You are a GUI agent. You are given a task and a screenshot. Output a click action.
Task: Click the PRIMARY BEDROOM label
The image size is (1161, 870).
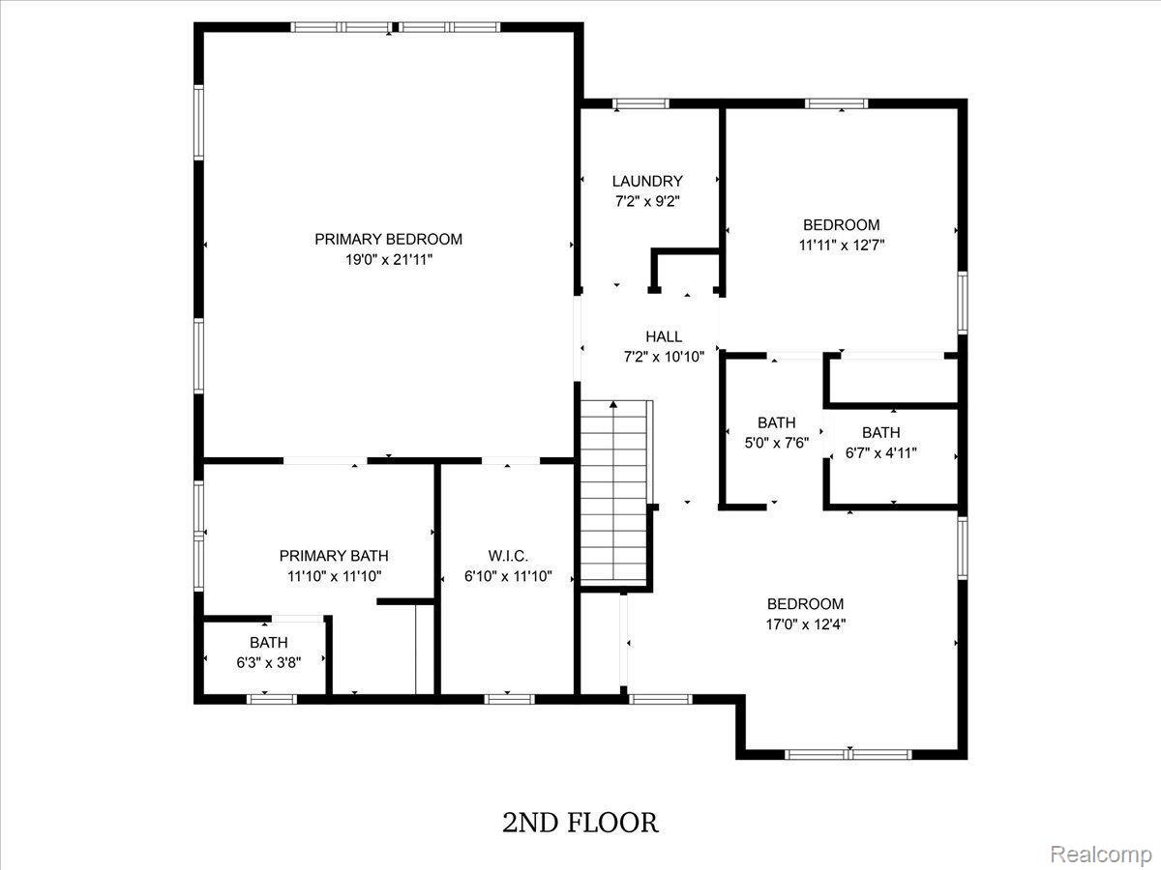pos(388,240)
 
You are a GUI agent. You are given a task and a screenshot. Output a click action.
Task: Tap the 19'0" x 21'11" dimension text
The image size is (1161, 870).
pos(389,260)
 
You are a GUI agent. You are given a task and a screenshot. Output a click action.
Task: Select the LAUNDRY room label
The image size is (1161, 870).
pos(647,181)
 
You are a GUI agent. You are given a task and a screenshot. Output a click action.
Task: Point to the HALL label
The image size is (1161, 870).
pos(664,336)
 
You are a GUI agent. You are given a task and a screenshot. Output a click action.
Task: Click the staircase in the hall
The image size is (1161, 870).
pos(613,491)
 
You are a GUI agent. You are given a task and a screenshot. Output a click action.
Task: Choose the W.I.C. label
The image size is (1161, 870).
pos(508,556)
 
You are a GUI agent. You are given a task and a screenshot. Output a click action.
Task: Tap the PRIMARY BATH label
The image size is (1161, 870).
pos(334,556)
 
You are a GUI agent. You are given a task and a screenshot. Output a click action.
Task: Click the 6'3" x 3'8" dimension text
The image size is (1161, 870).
pos(269,662)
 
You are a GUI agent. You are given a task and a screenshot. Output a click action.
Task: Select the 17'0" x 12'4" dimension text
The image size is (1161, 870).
pos(806,624)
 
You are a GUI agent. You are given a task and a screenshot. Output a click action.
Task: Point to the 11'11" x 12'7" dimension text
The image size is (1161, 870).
pos(841,246)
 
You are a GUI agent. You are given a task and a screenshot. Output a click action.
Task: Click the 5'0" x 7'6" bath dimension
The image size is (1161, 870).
pos(777,443)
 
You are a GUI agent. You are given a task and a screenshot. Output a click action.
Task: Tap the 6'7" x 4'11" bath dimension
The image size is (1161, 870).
pos(880,452)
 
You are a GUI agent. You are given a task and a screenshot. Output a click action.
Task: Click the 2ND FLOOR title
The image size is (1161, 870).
pos(580,823)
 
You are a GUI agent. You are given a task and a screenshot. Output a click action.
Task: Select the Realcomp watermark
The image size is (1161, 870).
pos(1101,854)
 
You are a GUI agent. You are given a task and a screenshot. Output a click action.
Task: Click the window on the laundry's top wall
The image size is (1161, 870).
pos(641,103)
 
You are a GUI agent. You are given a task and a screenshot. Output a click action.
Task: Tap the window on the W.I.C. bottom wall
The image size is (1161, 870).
pos(509,699)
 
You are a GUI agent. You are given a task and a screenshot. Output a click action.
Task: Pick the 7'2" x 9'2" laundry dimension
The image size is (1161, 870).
pos(647,201)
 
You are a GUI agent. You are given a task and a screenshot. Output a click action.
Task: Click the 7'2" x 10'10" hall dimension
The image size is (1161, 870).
pos(664,357)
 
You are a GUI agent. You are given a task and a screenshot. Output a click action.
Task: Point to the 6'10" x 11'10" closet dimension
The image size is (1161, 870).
pos(508,576)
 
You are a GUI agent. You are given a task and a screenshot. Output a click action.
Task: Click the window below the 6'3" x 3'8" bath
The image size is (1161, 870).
pos(272,699)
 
